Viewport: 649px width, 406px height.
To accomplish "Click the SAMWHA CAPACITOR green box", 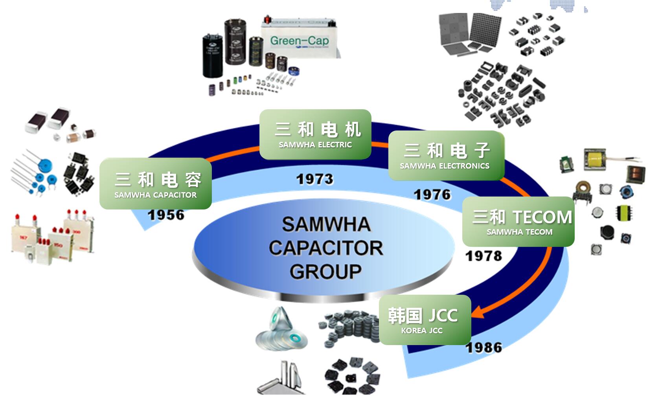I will pyautogui.click(x=156, y=184).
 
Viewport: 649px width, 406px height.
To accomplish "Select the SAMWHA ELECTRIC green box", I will pyautogui.click(x=315, y=134).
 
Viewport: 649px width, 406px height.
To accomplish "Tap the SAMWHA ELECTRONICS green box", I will pyautogui.click(x=446, y=156).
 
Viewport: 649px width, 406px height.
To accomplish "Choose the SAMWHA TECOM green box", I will pyautogui.click(x=518, y=222).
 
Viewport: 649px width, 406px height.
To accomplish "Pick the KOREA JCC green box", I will pyautogui.click(x=425, y=320).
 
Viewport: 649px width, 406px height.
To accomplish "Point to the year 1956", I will pyautogui.click(x=166, y=215).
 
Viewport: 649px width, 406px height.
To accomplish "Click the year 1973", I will pyautogui.click(x=314, y=180).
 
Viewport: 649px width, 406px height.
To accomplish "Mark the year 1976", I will pyautogui.click(x=432, y=195).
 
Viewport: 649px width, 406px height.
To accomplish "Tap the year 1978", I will pyautogui.click(x=484, y=256).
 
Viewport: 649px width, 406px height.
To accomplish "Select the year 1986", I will pyautogui.click(x=484, y=347).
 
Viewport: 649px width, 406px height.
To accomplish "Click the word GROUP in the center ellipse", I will pyautogui.click(x=325, y=272).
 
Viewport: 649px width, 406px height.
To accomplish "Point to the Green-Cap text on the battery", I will pyautogui.click(x=299, y=40).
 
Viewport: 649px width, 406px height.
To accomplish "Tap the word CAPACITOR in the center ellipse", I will pyautogui.click(x=325, y=248).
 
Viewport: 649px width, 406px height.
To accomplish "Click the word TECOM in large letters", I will pyautogui.click(x=542, y=217).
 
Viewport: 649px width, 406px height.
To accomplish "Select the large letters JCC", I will pyautogui.click(x=443, y=315).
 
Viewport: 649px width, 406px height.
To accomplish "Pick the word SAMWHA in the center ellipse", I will pyautogui.click(x=326, y=224).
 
